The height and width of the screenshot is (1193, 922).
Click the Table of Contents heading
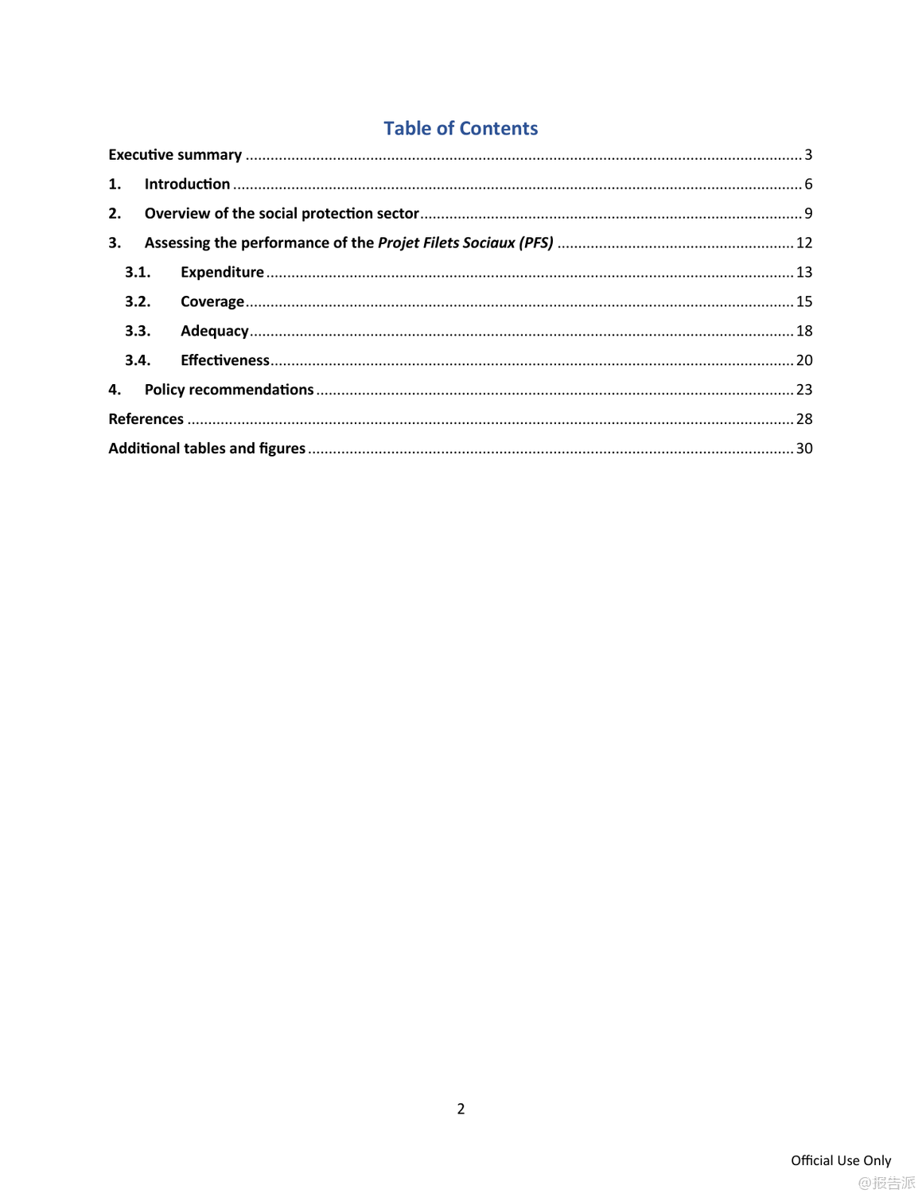(461, 128)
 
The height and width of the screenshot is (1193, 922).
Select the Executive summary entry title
(175, 154)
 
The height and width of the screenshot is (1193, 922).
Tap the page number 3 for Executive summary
(808, 154)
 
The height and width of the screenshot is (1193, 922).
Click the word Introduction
(187, 184)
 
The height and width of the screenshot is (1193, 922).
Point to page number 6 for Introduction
(808, 184)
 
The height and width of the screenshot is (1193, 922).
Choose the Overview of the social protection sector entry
(282, 213)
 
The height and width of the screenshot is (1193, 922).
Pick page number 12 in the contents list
(804, 243)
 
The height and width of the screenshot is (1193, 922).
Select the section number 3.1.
(138, 272)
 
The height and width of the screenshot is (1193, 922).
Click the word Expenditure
(222, 272)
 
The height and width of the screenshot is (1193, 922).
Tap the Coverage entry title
(212, 301)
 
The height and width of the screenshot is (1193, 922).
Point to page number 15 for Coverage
(804, 301)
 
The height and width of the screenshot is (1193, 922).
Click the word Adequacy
(214, 331)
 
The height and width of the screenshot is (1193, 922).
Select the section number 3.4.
(138, 360)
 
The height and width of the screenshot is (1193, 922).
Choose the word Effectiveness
(225, 360)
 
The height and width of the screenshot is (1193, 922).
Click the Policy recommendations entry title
(229, 390)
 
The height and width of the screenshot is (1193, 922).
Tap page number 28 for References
(804, 419)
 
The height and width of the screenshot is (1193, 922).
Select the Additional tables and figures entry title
(207, 449)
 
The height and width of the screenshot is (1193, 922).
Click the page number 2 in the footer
(461, 1109)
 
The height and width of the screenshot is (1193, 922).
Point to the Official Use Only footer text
(841, 1160)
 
